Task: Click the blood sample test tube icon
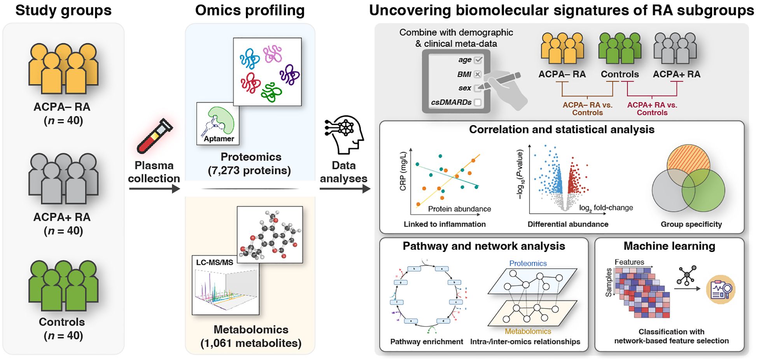click(155, 136)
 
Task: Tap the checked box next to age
click(478, 60)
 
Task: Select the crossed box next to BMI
click(478, 74)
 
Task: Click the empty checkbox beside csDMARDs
click(478, 103)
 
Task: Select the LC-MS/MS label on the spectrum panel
click(214, 262)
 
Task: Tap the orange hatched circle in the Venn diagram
click(688, 161)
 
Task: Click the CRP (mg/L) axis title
click(403, 171)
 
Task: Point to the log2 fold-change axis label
click(606, 208)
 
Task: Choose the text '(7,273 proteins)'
click(250, 171)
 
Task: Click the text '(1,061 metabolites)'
click(251, 343)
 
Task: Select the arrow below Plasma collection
click(154, 189)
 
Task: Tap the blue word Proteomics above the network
click(528, 264)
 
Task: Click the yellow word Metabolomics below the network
click(528, 331)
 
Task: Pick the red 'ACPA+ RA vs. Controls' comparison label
click(652, 109)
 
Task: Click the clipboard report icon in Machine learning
click(721, 290)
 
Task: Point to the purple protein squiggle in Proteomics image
click(289, 75)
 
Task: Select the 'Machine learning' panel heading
click(669, 246)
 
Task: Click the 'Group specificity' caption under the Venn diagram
click(691, 224)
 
